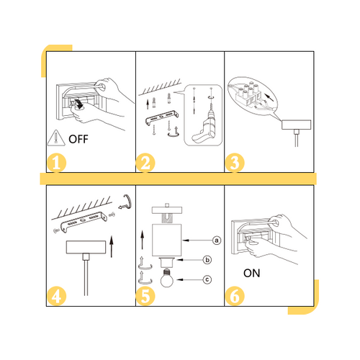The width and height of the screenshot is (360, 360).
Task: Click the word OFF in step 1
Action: coord(78,139)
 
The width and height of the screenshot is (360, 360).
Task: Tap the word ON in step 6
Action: coord(252,273)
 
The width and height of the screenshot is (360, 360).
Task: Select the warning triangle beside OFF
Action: coord(56,138)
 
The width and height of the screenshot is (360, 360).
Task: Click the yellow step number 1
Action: coord(56,163)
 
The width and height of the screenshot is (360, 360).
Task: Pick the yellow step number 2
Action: coord(145,163)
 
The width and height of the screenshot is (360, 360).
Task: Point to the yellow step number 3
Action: coord(235,163)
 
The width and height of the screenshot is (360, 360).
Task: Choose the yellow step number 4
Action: coord(56,296)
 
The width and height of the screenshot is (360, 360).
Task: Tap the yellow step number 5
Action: coord(145,296)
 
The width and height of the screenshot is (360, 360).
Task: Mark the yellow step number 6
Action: coord(235,296)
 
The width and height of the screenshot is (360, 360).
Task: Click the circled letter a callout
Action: coord(217,240)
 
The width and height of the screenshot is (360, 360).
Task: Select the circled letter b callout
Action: coord(207,260)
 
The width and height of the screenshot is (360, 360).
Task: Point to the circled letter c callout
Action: coord(207,279)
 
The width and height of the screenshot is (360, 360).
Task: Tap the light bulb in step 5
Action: coord(167,279)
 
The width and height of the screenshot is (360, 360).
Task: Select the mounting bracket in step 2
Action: coord(162,117)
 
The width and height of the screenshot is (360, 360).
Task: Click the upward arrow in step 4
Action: coord(112,246)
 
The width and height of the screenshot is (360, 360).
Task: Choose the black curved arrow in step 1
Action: coord(79,103)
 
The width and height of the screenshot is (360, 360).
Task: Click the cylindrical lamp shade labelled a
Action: coord(167,240)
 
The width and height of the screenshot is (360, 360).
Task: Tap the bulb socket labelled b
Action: coord(166,262)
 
